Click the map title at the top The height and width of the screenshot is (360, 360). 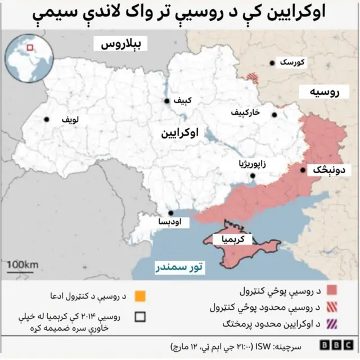180,14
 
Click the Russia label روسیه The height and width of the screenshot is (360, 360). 327,92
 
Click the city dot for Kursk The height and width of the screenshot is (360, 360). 272,64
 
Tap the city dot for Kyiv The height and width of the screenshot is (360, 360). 167,101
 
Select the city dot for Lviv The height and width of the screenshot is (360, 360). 47,119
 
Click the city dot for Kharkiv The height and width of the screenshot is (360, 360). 274,115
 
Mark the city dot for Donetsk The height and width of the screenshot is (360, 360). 303,170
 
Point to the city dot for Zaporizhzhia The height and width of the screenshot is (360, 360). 253,176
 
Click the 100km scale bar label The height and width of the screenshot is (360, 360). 22,264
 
